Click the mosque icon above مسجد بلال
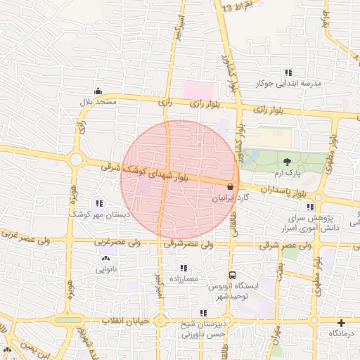97,91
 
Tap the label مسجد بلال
97,103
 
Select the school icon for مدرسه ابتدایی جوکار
288,72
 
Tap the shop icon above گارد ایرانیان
231,187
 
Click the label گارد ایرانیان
231,199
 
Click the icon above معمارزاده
184,268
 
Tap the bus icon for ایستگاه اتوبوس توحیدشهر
232,276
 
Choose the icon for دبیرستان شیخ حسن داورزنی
203,313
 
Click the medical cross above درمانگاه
342,322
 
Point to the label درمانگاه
342,333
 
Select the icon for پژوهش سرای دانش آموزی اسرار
310,207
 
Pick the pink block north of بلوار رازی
198,90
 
